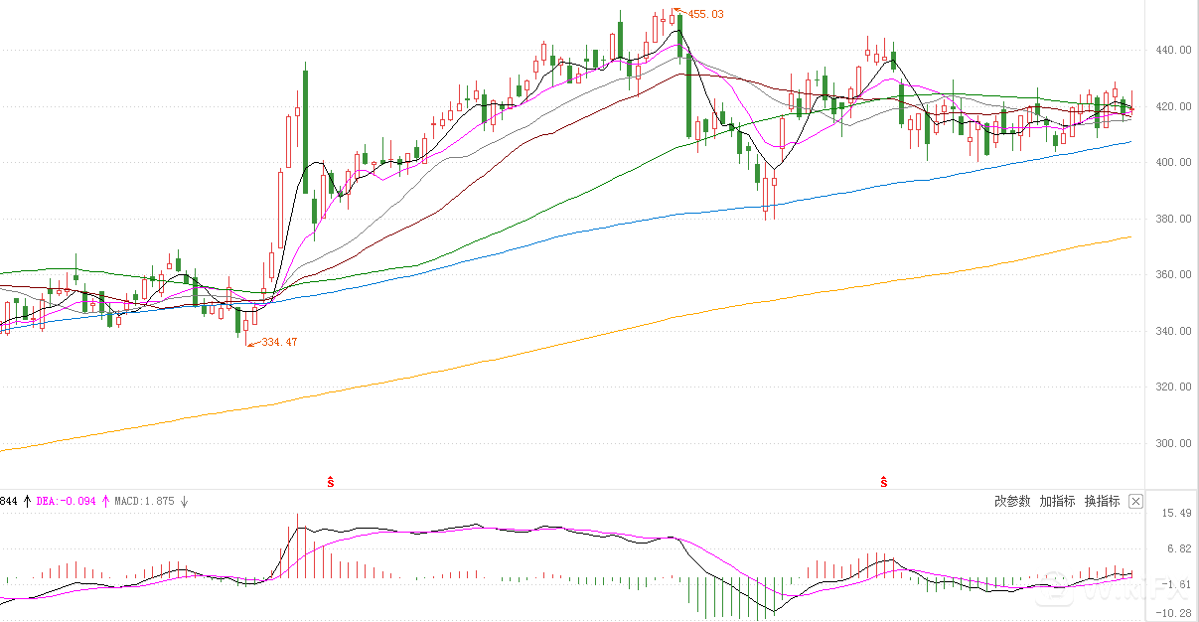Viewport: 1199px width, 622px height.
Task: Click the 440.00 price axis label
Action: tap(1171, 50)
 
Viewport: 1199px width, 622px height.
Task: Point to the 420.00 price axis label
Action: tap(1171, 106)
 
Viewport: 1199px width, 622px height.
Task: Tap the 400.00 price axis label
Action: tap(1171, 162)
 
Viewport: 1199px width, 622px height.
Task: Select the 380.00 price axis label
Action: tap(1171, 219)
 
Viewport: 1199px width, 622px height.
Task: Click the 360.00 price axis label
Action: tap(1171, 274)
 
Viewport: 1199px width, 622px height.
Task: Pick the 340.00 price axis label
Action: tap(1171, 331)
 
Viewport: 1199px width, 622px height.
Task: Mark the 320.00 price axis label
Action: tap(1171, 387)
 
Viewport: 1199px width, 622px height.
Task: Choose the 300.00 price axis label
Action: tap(1171, 443)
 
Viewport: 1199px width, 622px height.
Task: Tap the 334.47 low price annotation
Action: tap(279, 342)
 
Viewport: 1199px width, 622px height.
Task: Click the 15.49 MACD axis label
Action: tap(1175, 513)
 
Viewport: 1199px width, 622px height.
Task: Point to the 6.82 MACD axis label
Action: tap(1178, 548)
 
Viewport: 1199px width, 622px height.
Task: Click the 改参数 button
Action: tap(1012, 501)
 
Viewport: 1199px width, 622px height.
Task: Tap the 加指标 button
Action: tap(1057, 501)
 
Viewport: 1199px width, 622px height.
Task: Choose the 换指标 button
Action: tap(1102, 501)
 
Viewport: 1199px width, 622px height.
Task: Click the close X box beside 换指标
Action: tap(1136, 501)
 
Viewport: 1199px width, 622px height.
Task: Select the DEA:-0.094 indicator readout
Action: tap(66, 502)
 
